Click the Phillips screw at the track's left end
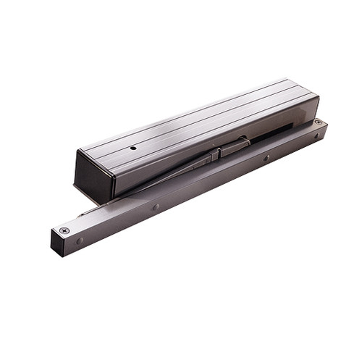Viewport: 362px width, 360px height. pos(64,230)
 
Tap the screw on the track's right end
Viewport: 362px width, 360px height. pos(317,123)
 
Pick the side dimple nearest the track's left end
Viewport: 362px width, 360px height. pos(80,240)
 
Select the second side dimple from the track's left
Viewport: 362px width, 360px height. pos(156,206)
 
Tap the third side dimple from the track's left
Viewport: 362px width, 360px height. pos(266,158)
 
